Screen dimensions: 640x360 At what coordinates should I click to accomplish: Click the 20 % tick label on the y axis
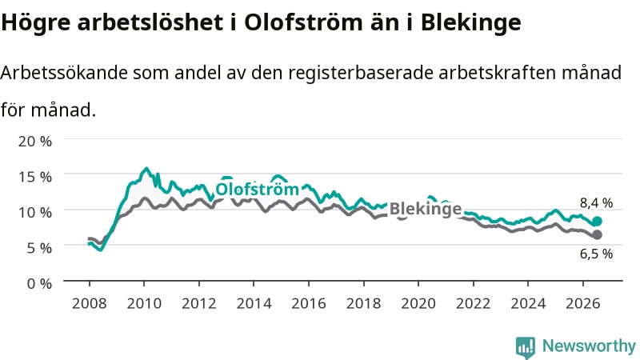pos(35,142)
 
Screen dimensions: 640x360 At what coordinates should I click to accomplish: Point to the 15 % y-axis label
pos(35,177)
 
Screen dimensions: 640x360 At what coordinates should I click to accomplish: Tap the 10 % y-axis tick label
pos(35,212)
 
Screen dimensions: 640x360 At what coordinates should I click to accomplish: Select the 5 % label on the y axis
pos(39,248)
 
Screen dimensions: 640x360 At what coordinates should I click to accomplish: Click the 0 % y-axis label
pos(39,283)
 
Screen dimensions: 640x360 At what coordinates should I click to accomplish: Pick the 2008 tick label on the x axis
pos(90,304)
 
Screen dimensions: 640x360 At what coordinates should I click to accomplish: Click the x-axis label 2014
pos(254,304)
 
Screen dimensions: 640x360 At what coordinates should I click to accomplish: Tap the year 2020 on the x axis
pos(418,304)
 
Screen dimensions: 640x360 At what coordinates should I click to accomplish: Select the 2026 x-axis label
pos(583,304)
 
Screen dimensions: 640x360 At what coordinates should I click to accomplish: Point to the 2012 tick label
pos(198,304)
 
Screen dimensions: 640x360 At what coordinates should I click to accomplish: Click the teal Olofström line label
pos(257,189)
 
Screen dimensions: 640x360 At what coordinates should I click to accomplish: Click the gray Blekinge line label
pos(426,209)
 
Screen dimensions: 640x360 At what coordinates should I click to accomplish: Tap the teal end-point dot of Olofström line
pos(597,222)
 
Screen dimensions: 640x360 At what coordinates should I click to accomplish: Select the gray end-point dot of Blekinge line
pos(597,234)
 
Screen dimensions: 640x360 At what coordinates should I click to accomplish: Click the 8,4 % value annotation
pos(596,203)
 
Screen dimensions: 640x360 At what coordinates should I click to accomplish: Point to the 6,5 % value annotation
pos(596,254)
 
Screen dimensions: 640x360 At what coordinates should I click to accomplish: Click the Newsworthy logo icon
pos(526,347)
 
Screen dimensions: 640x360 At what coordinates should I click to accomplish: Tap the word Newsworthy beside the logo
pos(589,346)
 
